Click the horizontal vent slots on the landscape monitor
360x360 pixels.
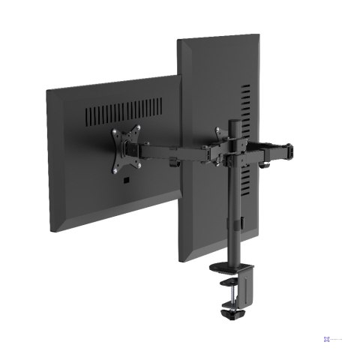coord(123,112)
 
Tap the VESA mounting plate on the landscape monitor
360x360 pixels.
coord(126,151)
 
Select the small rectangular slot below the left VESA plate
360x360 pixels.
coord(127,181)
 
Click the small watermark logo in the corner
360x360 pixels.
coord(327,339)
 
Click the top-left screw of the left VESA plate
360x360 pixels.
coord(114,133)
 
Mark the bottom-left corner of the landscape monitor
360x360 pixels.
coord(51,231)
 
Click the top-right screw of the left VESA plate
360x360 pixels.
coord(138,128)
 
